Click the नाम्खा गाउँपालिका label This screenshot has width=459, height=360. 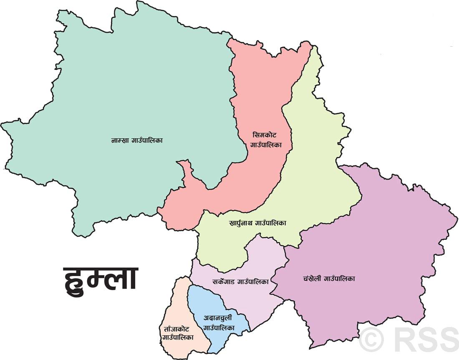(x=137, y=140)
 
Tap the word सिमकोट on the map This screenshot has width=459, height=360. (x=265, y=135)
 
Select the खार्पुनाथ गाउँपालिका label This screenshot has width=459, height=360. (x=258, y=223)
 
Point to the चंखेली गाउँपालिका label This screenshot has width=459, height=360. (x=329, y=279)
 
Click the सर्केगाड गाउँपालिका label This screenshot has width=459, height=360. (x=240, y=281)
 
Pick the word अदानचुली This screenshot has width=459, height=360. (x=217, y=318)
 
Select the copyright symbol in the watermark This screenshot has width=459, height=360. (x=371, y=339)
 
